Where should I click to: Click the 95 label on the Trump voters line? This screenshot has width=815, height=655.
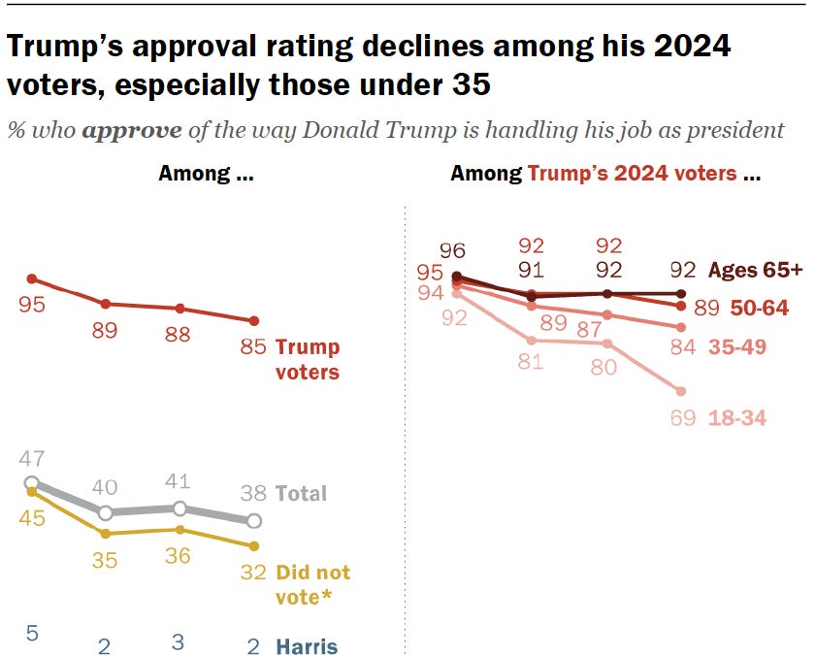pyautogui.click(x=31, y=305)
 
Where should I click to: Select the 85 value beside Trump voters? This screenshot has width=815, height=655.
pyautogui.click(x=253, y=346)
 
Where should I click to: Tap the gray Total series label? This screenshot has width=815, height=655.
pyautogui.click(x=302, y=494)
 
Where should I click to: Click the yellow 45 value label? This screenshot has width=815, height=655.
pyautogui.click(x=31, y=519)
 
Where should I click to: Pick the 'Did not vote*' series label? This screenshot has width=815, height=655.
pyautogui.click(x=312, y=584)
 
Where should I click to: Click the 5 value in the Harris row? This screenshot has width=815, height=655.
pyautogui.click(x=31, y=634)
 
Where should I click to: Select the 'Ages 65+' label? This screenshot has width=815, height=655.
pyautogui.click(x=755, y=269)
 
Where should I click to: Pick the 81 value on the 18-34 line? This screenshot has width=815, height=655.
pyautogui.click(x=531, y=364)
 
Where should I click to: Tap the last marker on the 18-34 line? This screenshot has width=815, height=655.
pyautogui.click(x=680, y=391)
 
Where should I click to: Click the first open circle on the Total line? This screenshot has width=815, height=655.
pyautogui.click(x=31, y=483)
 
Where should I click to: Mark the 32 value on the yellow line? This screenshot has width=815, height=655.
pyautogui.click(x=253, y=572)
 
